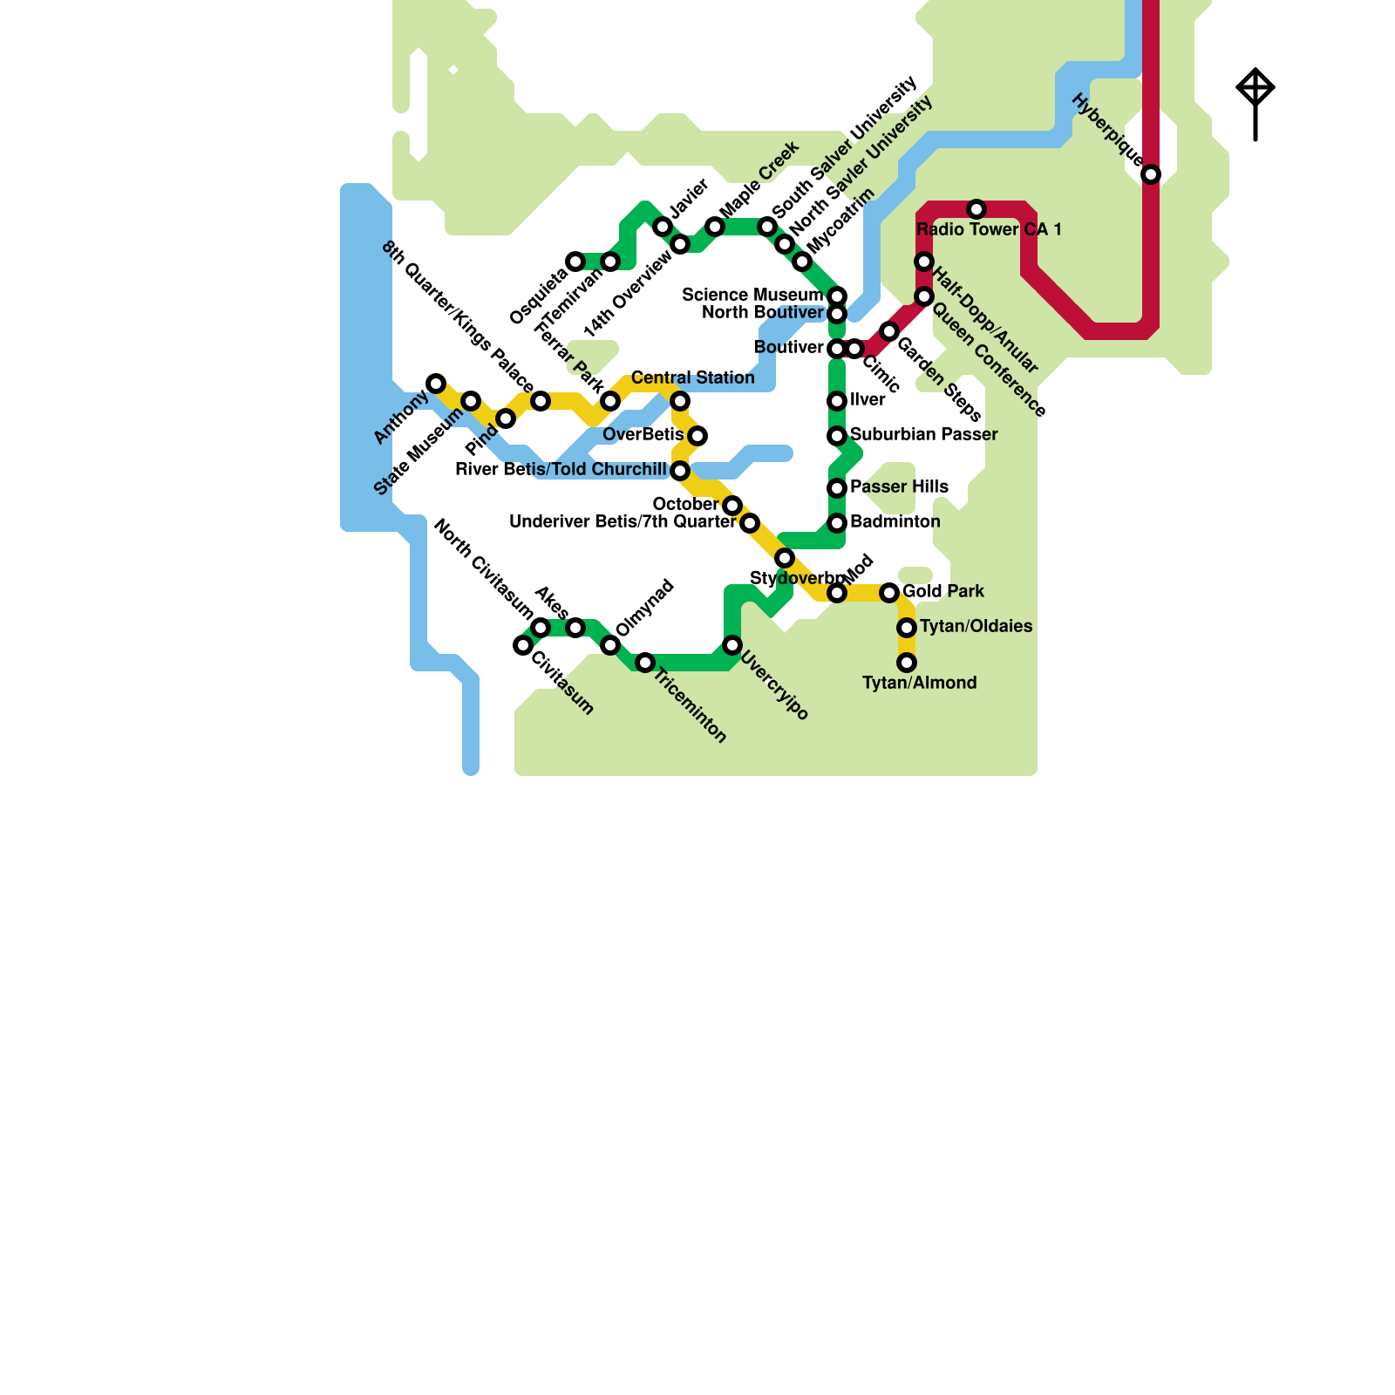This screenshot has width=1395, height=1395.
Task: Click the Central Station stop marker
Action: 680,401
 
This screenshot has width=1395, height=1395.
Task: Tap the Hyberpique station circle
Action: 1151,174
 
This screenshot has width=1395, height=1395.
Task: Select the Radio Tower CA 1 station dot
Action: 976,209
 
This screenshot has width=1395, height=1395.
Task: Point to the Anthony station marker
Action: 436,384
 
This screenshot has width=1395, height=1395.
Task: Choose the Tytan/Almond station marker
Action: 907,663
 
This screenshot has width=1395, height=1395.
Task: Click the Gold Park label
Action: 943,591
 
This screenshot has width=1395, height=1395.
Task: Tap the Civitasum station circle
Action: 523,645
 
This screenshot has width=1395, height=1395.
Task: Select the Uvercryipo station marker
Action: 732,645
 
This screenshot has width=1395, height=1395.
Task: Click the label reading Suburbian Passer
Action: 923,434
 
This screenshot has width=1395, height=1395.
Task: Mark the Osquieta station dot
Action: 575,262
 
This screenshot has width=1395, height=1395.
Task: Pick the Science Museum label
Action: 752,295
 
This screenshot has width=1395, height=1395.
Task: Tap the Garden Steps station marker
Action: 889,331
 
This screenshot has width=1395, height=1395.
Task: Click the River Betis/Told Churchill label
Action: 561,469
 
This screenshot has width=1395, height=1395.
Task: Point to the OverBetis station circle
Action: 697,436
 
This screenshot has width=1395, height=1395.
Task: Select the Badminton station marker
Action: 837,523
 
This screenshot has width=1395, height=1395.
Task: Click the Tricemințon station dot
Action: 645,663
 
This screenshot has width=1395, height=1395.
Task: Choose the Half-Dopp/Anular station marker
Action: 924,262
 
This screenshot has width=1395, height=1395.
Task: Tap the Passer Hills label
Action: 899,487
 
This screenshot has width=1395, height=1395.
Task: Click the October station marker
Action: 732,506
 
